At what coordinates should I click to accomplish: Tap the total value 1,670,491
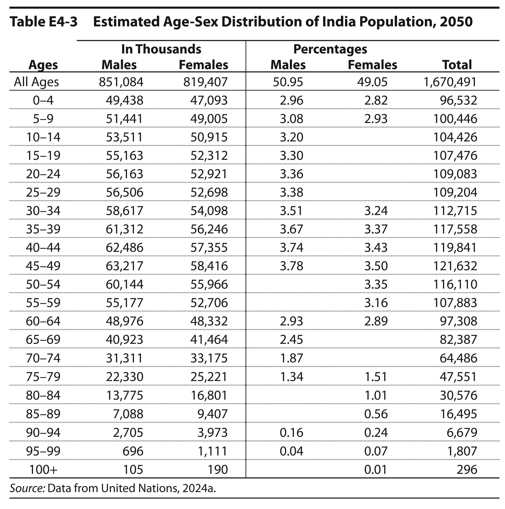450,82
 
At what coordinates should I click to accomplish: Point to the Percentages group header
330,49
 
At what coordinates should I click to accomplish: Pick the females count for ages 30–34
209,211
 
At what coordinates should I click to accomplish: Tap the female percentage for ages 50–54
376,284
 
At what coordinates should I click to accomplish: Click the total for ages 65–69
458,340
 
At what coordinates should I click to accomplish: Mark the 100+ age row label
43,469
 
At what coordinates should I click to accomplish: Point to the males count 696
133,451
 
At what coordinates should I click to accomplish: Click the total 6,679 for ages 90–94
462,433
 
